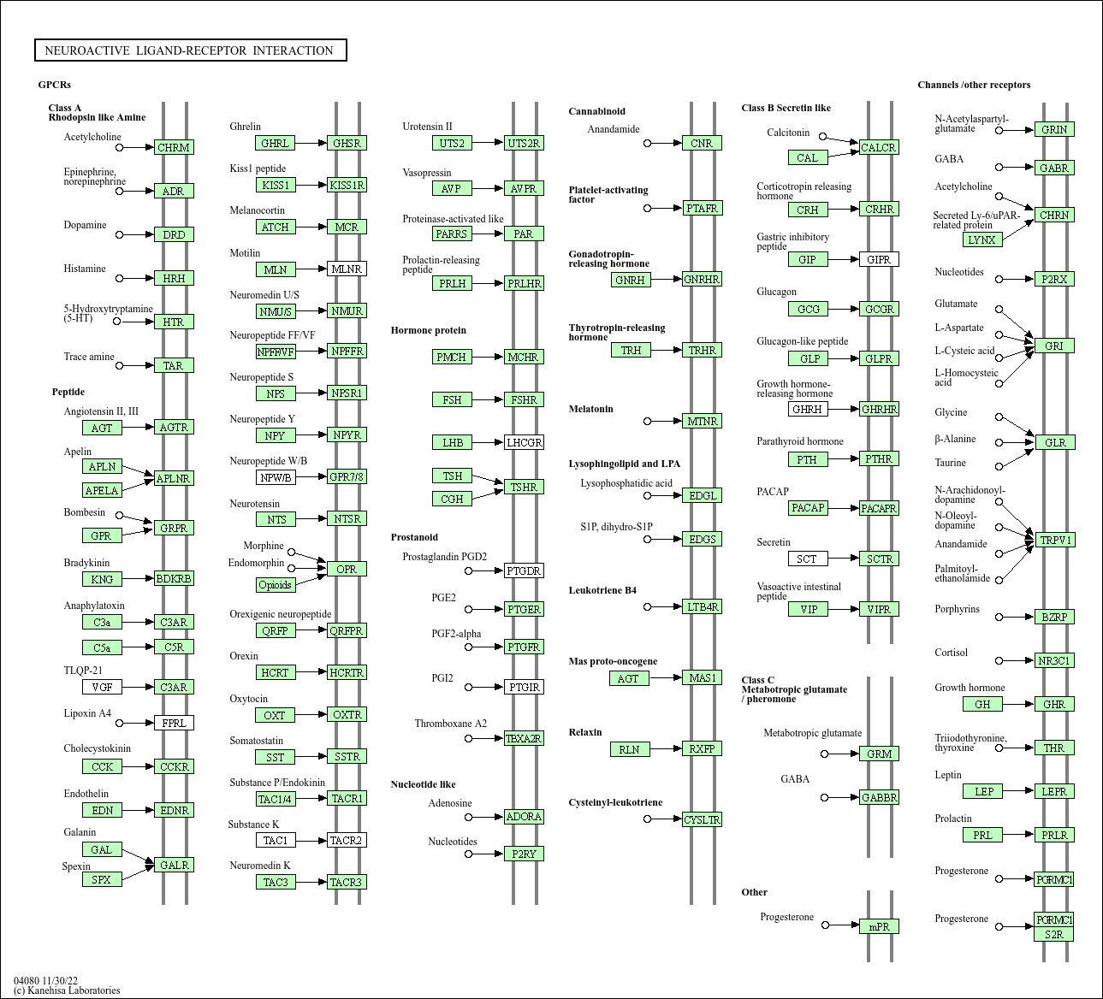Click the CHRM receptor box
click(174, 147)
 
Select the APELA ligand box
click(102, 490)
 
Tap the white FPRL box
click(174, 723)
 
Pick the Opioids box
click(275, 585)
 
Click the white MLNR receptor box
click(347, 269)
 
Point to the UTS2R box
click(524, 143)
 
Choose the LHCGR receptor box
click(524, 442)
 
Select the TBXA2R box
click(524, 738)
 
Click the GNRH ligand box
click(631, 280)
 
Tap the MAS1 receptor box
click(703, 677)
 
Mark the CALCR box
click(878, 147)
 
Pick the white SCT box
click(807, 559)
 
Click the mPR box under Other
click(879, 926)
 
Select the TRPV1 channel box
click(1054, 540)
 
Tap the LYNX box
click(981, 239)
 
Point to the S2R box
click(1054, 934)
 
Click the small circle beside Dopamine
click(120, 234)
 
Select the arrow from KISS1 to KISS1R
click(311, 185)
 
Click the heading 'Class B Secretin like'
click(786, 108)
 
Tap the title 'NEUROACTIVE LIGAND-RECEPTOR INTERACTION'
click(189, 50)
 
